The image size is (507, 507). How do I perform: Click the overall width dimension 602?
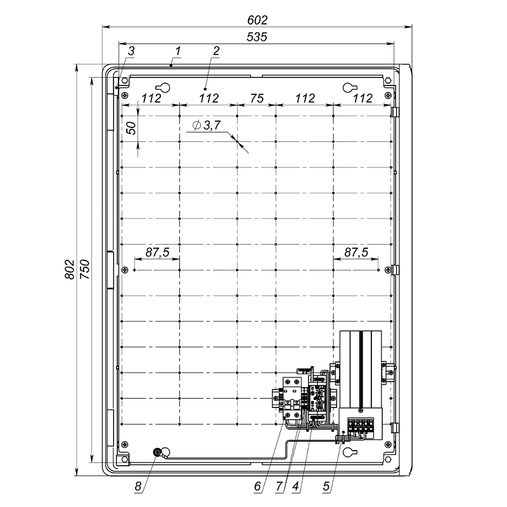click(x=257, y=20)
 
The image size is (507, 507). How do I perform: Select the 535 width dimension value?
click(x=257, y=37)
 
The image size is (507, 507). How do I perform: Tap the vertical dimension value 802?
click(x=70, y=269)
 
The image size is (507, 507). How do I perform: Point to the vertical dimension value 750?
click(x=85, y=269)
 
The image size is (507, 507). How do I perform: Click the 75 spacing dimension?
click(x=257, y=98)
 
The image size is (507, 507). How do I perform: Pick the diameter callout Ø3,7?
click(x=207, y=125)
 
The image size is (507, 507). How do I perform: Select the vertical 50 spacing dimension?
click(x=131, y=129)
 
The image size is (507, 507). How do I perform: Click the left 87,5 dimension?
click(x=157, y=252)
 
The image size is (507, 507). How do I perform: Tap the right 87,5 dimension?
click(x=356, y=252)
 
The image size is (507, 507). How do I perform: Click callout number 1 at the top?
click(x=177, y=51)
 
